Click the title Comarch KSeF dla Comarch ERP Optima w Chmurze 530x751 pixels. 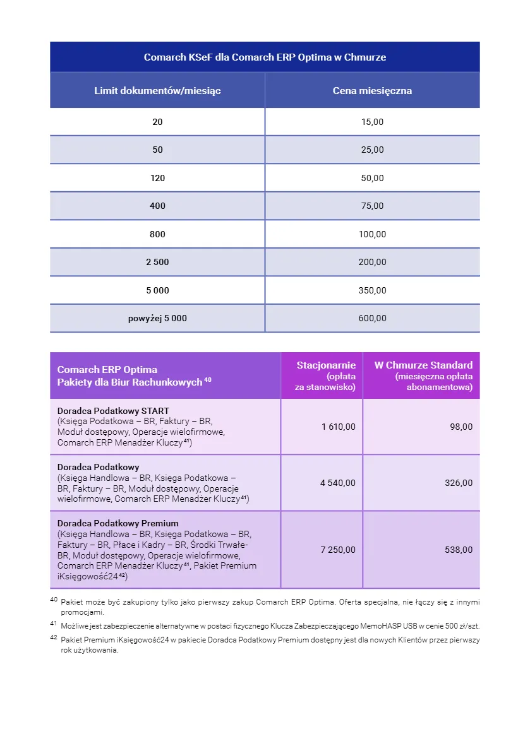(265, 57)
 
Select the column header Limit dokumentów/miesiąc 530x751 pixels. (157, 91)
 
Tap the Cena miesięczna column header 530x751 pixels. (372, 91)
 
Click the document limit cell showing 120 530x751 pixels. (157, 178)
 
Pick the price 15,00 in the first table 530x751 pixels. (372, 122)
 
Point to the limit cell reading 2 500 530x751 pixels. (157, 262)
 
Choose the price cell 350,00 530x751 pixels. (372, 290)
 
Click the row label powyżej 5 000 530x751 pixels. (157, 318)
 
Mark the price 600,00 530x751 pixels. (372, 318)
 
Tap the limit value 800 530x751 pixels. (157, 234)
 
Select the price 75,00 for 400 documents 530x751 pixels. (372, 206)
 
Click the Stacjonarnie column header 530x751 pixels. (326, 365)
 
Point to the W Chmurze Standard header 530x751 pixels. (423, 365)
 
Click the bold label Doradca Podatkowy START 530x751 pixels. (113, 411)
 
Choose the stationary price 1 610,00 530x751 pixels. (338, 427)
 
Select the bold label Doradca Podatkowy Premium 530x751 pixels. (117, 523)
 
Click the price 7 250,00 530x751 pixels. (338, 550)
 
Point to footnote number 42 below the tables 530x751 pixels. (54, 638)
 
